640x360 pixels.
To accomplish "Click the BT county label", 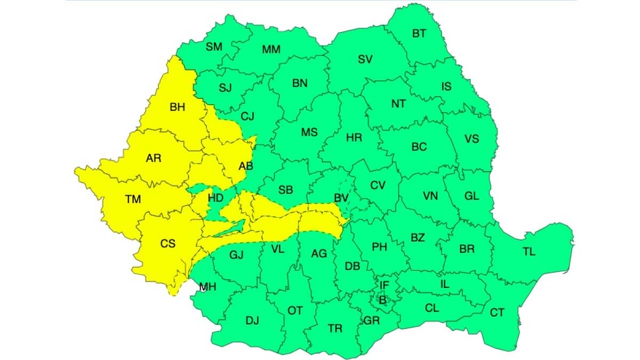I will point(419,34).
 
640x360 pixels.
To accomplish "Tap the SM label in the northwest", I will point(214,47).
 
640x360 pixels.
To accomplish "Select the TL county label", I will point(529,252).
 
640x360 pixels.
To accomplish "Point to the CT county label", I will point(497,313).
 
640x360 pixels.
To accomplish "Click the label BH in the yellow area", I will point(177,107).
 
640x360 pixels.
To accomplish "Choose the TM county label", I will point(133,199).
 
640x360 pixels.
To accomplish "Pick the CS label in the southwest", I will point(167,244).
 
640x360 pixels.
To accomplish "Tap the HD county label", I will point(215,198).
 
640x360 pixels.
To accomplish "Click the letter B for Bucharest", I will point(382,300).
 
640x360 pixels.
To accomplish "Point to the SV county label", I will point(365,60).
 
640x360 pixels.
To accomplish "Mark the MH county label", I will point(207,287).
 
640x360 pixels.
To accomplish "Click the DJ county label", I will point(252,321).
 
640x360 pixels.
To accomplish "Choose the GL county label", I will point(471,196).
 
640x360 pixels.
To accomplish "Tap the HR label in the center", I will point(354,138).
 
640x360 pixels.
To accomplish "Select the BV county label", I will point(341,198).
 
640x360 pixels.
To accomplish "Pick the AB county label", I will point(246,166).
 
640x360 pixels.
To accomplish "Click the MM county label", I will point(271,50).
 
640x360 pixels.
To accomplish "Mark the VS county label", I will point(471,139).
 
